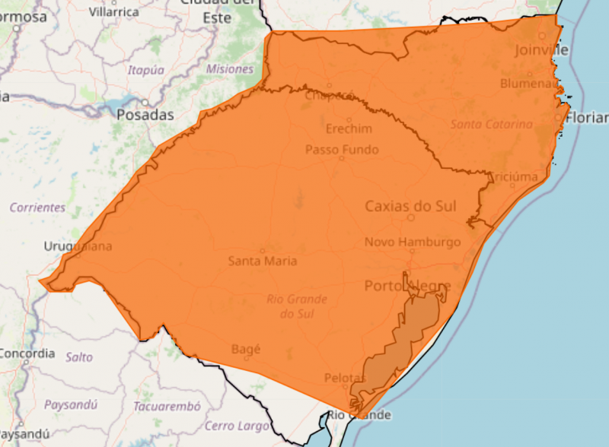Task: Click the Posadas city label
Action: click(x=145, y=116)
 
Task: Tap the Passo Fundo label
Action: click(x=342, y=150)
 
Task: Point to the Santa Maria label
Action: click(x=263, y=261)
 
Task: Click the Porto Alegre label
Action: click(x=407, y=286)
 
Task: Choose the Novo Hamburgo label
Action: click(x=413, y=242)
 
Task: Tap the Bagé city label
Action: click(x=245, y=350)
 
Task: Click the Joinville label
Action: click(x=541, y=50)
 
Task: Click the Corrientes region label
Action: click(x=37, y=207)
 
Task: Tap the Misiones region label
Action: click(x=229, y=69)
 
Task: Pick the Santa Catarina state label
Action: click(x=492, y=124)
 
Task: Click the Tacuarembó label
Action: click(x=167, y=406)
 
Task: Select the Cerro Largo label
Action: click(x=237, y=425)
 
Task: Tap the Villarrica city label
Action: click(x=113, y=12)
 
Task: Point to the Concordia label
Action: click(x=27, y=353)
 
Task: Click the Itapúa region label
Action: click(x=146, y=70)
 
